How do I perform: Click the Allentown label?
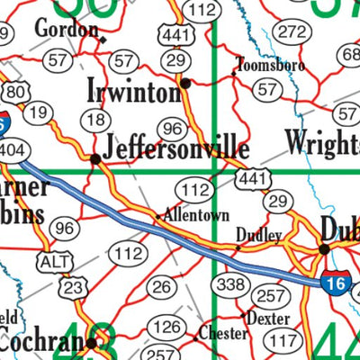point(195,216)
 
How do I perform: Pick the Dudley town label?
point(259,235)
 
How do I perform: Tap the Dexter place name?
point(268,319)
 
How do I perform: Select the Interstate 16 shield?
point(336,282)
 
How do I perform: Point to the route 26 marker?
point(162,287)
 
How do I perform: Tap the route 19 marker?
point(37,112)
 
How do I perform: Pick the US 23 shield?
point(74,287)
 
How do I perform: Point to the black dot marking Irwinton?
point(185,83)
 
